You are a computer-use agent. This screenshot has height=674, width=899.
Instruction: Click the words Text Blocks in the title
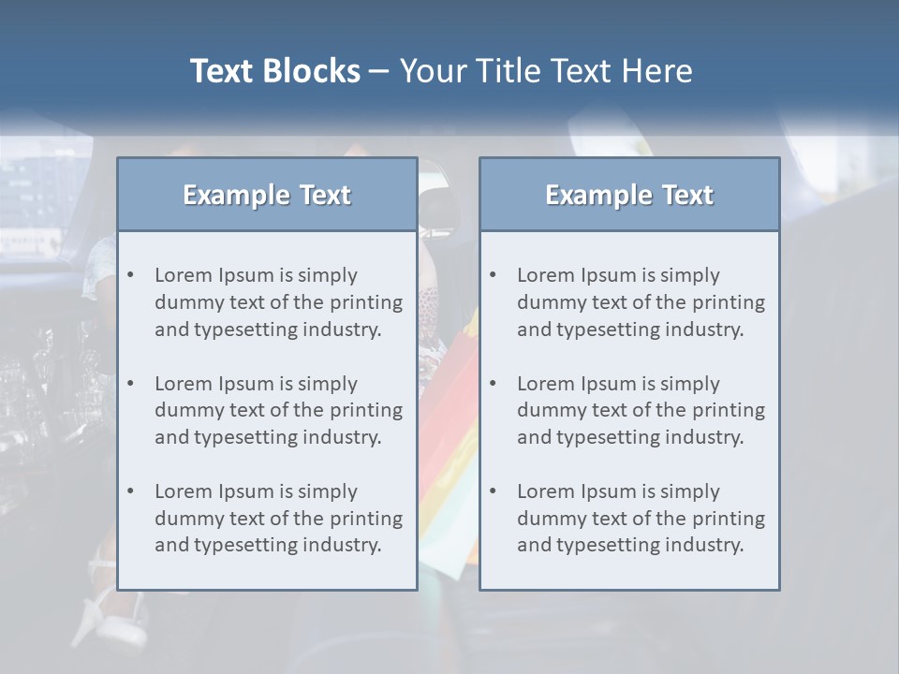tap(274, 71)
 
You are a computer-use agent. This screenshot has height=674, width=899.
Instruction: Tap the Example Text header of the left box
tap(267, 195)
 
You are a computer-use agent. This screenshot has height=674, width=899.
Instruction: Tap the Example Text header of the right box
tap(629, 195)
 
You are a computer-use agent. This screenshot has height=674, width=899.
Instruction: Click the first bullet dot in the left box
tap(130, 275)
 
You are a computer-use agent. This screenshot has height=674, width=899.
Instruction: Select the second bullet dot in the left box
tap(130, 384)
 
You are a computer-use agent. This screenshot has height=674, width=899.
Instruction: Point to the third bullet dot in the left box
tap(130, 491)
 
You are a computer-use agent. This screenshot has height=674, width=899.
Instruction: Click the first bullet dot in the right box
tap(493, 275)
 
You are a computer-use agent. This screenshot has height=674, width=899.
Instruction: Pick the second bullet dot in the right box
tap(493, 384)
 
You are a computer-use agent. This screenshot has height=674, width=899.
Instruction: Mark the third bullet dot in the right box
tap(493, 491)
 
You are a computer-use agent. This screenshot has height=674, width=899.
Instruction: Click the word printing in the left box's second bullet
tap(368, 410)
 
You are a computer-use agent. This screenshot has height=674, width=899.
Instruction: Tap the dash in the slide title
tap(379, 71)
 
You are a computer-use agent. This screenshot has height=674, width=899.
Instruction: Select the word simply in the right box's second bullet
tap(691, 384)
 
